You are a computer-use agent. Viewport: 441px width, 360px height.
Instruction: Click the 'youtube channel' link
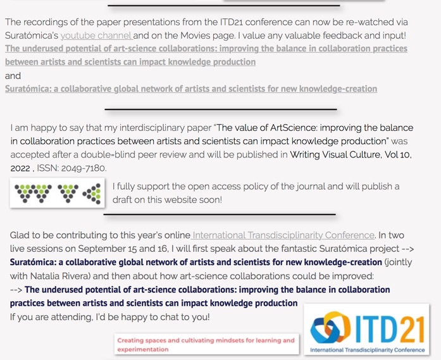96,35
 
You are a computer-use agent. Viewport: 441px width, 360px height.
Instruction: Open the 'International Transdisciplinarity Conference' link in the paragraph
283,235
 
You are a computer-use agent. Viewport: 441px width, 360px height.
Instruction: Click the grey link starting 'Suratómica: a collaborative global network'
191,89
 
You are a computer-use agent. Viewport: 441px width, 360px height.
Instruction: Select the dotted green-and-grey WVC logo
58,193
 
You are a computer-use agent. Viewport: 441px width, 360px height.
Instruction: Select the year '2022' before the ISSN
20,168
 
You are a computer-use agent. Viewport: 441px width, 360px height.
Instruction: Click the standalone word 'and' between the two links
13,76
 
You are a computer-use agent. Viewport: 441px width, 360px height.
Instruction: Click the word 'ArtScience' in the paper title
294,128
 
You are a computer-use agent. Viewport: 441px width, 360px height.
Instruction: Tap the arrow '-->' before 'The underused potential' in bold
16,290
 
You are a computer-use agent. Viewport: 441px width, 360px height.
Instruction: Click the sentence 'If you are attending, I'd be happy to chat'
110,317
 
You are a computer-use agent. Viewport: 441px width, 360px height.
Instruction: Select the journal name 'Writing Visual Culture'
335,154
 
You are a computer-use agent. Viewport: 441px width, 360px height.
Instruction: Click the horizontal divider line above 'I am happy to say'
221,109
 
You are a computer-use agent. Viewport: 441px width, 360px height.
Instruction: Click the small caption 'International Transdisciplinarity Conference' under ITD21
368,350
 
